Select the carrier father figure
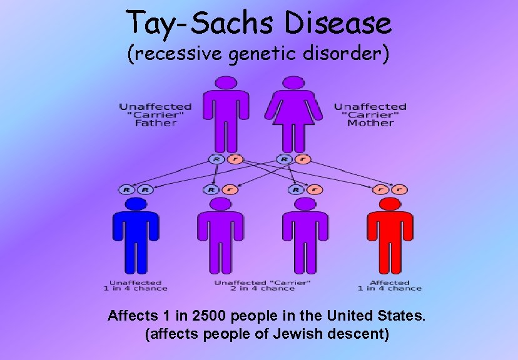(x=226, y=116)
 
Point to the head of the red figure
(x=390, y=205)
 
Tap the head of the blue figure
(x=136, y=205)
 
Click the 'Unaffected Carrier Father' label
(x=155, y=115)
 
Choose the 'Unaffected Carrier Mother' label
(x=370, y=115)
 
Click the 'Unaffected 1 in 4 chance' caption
(x=136, y=286)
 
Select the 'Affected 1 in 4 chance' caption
(x=390, y=286)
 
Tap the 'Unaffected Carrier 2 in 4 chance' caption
(x=263, y=286)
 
